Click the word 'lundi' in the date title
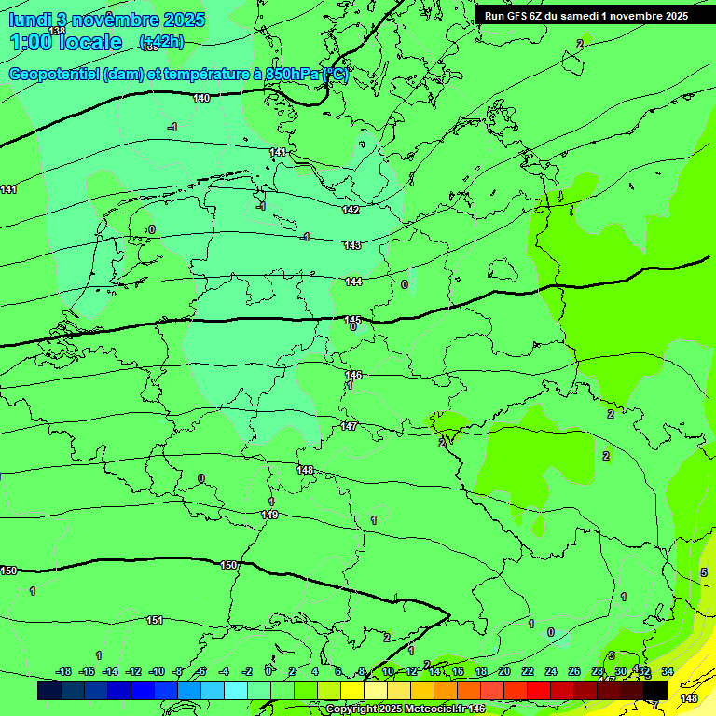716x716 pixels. click(x=29, y=19)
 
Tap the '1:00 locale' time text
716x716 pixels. click(x=65, y=42)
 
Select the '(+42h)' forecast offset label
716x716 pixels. click(x=161, y=42)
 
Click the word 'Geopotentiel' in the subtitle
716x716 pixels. click(x=53, y=75)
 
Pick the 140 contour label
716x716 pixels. click(x=201, y=98)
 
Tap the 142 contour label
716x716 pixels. click(x=351, y=210)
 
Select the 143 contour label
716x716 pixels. click(x=352, y=245)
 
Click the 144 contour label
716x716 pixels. click(x=353, y=282)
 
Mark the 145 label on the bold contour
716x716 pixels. click(x=352, y=320)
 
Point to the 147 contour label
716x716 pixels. click(x=349, y=426)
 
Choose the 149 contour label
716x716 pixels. click(x=269, y=515)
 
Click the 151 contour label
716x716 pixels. click(x=155, y=620)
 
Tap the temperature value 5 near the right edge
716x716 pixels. click(x=703, y=572)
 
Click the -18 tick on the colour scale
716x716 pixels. click(x=63, y=671)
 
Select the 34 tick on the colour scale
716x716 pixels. click(x=668, y=671)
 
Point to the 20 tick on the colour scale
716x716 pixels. click(x=503, y=671)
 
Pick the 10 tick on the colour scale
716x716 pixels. click(x=388, y=671)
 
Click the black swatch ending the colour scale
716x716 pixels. click(x=655, y=690)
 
